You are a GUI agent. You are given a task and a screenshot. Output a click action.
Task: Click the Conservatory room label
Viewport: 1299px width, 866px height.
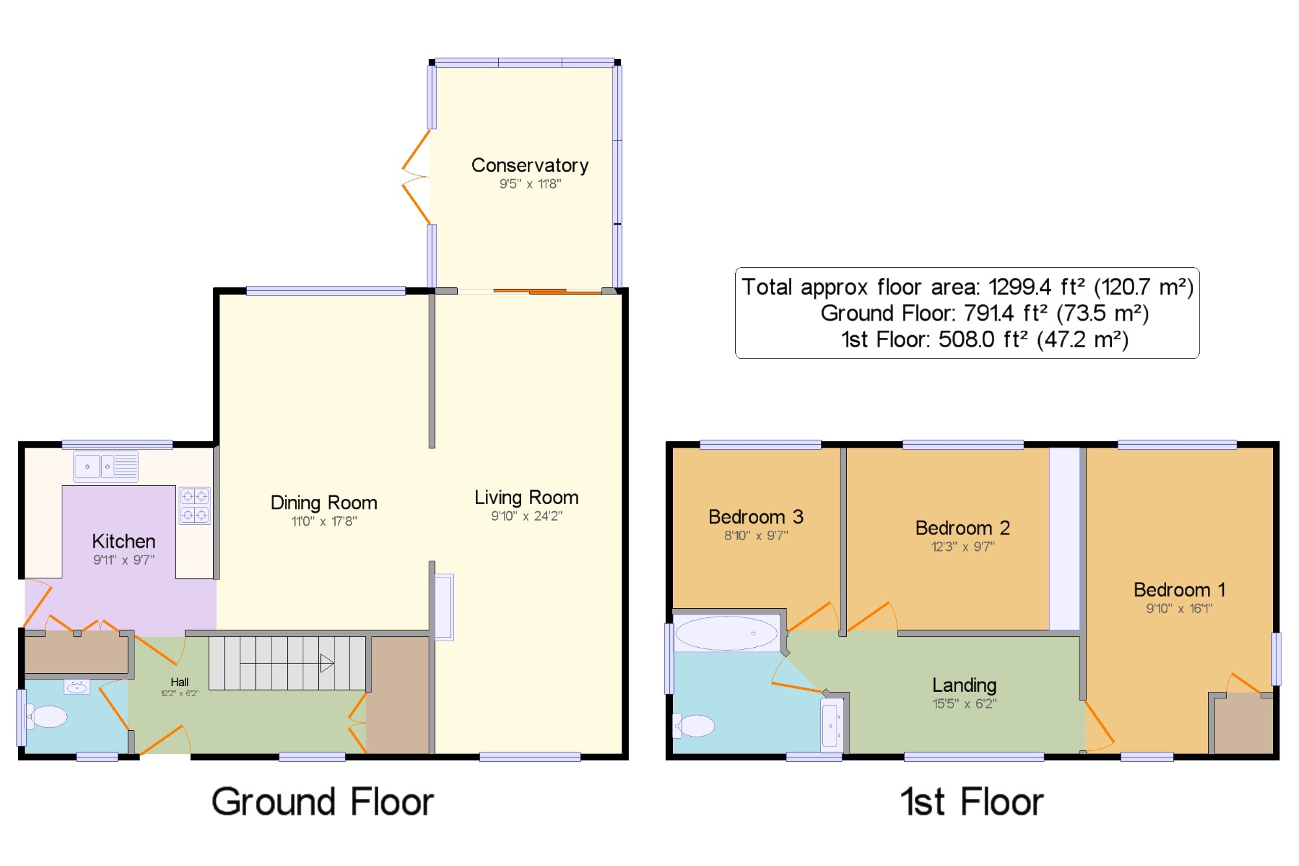coord(530,166)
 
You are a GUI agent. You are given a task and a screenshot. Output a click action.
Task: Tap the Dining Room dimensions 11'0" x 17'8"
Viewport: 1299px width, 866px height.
coord(324,521)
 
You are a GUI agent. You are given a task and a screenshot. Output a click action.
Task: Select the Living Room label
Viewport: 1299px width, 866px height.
coord(526,498)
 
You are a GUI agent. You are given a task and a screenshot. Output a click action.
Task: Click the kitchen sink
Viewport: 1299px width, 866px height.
coord(106,466)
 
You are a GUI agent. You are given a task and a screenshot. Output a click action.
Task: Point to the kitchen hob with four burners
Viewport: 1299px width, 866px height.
coord(194,505)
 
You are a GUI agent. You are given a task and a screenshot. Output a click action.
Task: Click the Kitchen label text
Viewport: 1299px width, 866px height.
coord(123,541)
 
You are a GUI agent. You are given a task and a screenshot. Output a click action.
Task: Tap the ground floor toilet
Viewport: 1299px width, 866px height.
coord(46,717)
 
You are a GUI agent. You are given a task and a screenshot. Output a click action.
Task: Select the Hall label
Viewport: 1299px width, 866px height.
coord(180,681)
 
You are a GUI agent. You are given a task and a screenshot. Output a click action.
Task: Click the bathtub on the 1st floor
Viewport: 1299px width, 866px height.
coord(727,633)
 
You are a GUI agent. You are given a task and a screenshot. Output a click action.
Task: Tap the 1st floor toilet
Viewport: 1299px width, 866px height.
coord(694,726)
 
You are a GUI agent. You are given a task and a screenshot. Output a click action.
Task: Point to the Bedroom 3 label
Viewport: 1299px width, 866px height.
coord(756,517)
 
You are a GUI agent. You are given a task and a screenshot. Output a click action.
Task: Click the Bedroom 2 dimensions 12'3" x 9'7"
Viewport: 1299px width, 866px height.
coord(963,546)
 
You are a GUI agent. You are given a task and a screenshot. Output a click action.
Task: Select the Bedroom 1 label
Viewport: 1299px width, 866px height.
coord(1179,590)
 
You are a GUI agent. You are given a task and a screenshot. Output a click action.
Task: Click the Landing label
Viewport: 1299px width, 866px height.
coord(965,685)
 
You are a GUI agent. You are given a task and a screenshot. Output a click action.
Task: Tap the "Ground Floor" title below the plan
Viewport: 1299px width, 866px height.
coord(322,802)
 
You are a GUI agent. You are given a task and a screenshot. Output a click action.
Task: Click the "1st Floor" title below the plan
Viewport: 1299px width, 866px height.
coord(972,802)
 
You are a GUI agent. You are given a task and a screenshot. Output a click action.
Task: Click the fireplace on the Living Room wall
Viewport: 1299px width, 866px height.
coord(444,607)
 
